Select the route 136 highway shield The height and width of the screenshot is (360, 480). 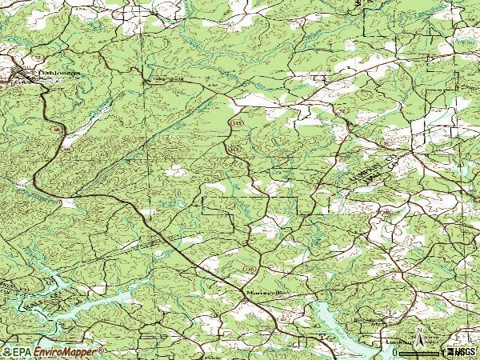point(251,266)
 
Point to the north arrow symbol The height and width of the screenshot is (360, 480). point(419,340)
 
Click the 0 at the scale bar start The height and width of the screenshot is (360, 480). point(395,351)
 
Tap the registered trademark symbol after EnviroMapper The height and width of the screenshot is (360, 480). point(101,349)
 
